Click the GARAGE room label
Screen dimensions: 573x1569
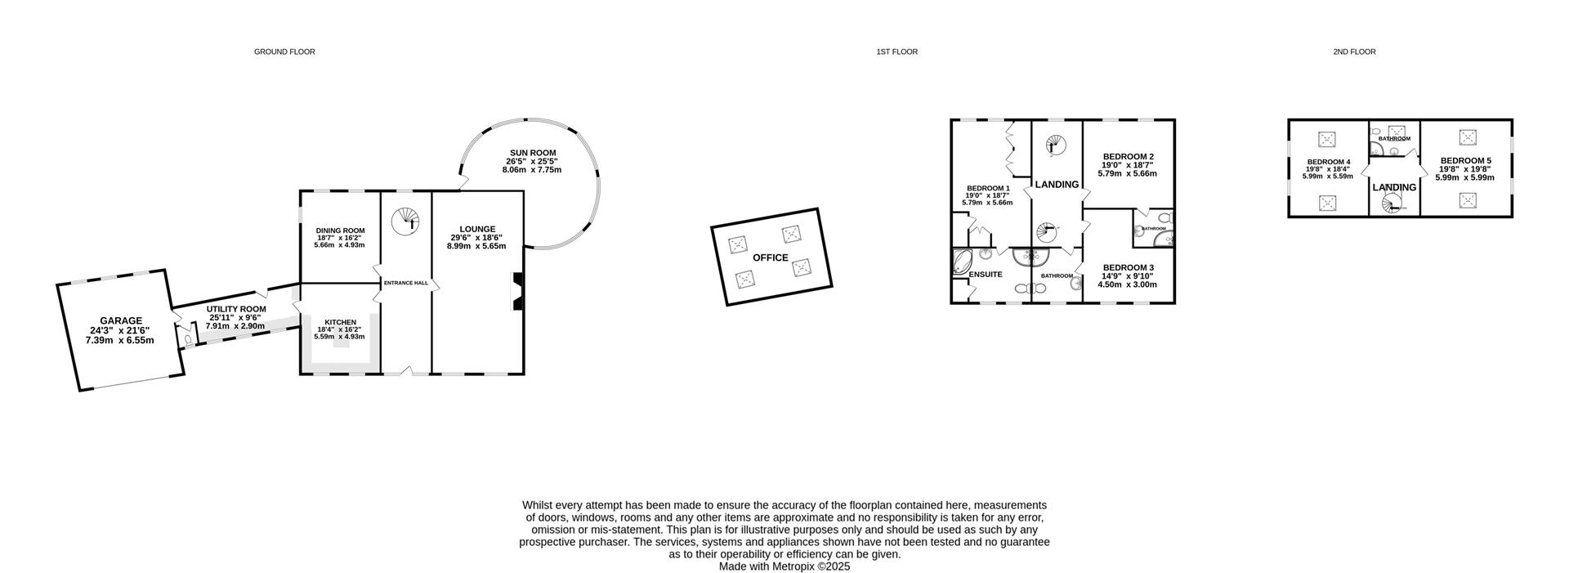pyautogui.click(x=121, y=321)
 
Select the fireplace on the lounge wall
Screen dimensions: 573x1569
pyautogui.click(x=516, y=292)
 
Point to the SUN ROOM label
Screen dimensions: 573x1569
pyautogui.click(x=533, y=153)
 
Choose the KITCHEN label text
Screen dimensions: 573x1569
pyautogui.click(x=340, y=322)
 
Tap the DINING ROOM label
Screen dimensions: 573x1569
pyautogui.click(x=340, y=231)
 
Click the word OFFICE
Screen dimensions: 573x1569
pyautogui.click(x=770, y=257)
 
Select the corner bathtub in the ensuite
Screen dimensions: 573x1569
pyautogui.click(x=962, y=262)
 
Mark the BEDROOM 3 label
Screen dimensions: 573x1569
pyautogui.click(x=1128, y=267)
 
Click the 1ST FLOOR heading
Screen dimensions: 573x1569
pyautogui.click(x=896, y=51)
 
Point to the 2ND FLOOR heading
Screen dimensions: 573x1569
pyautogui.click(x=1354, y=51)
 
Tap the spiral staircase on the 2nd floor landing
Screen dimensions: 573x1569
pyautogui.click(x=1394, y=204)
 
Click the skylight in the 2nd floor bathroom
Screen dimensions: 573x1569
pyautogui.click(x=1397, y=131)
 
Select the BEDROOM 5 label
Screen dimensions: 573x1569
pyautogui.click(x=1465, y=161)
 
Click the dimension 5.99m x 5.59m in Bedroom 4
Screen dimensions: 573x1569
pyautogui.click(x=1327, y=177)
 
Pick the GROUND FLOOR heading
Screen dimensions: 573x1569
pyautogui.click(x=284, y=51)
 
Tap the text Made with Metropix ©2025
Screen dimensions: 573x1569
pyautogui.click(x=784, y=566)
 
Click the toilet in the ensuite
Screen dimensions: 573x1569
pyautogui.click(x=1022, y=289)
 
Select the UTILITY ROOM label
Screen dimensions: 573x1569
pyautogui.click(x=236, y=309)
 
